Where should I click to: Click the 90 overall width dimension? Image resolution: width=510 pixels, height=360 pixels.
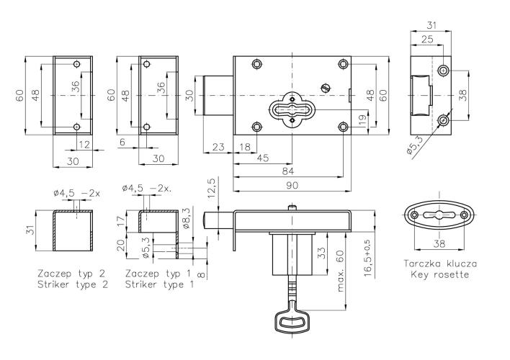[292, 186]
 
